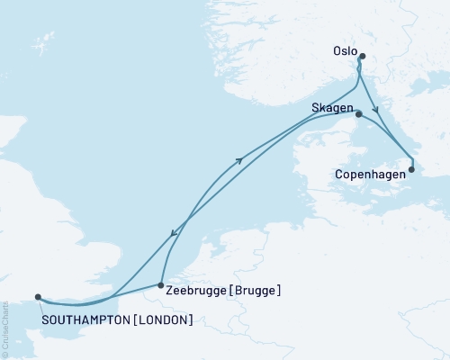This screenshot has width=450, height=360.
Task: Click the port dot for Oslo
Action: click(362, 58)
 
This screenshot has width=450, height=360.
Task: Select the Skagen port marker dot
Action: click(358, 114)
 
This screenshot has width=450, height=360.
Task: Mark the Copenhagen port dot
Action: click(411, 169)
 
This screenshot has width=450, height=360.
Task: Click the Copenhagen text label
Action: click(370, 169)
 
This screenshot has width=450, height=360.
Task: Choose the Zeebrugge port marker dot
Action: click(160, 284)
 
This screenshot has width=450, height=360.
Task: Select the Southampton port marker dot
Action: click(38, 296)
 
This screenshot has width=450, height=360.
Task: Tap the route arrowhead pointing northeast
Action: click(239, 160)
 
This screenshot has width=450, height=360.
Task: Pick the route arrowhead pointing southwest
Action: click(173, 236)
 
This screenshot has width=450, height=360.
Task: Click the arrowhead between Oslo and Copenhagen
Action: click(376, 110)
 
